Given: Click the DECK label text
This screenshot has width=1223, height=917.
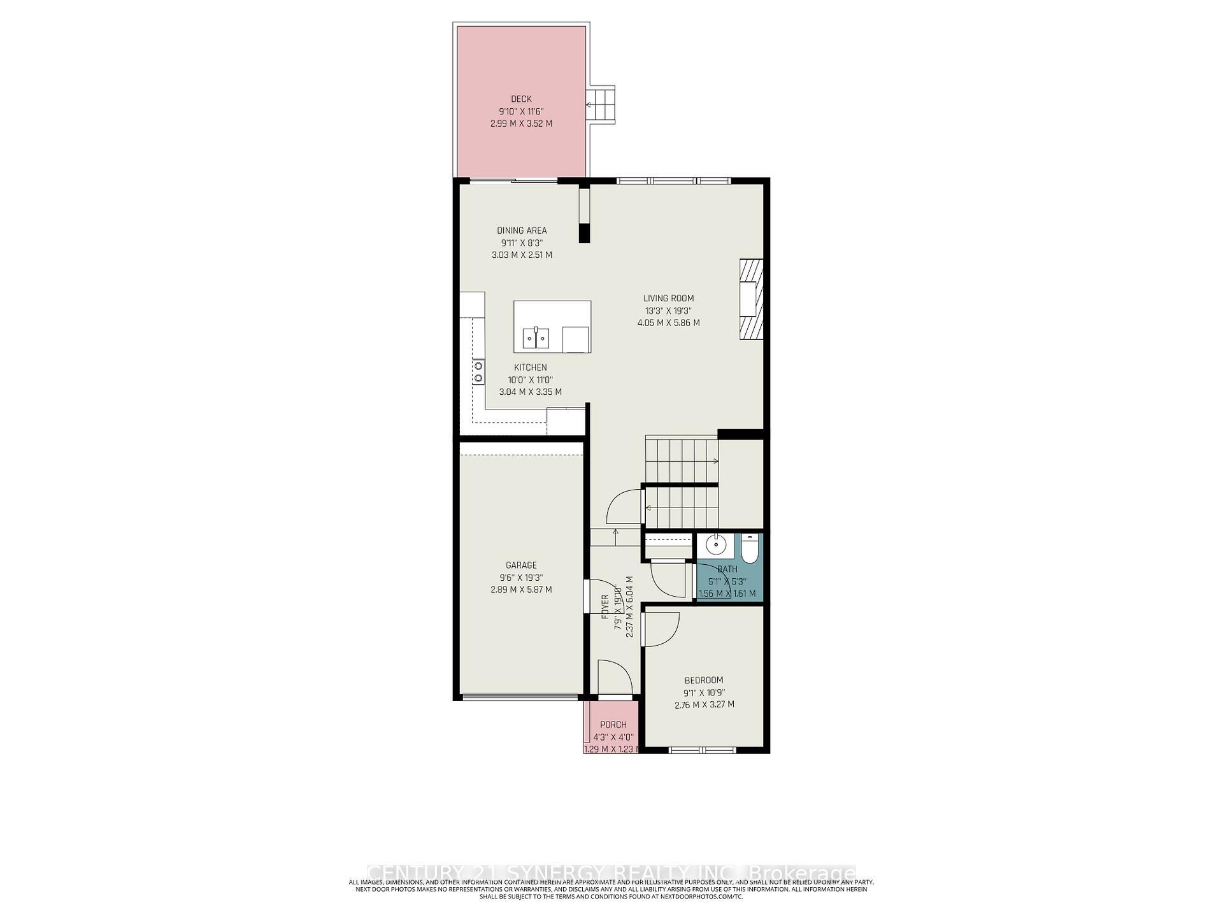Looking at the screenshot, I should [521, 99].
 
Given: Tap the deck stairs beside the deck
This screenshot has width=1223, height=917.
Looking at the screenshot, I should [601, 105].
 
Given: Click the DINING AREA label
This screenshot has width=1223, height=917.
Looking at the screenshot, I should [522, 231].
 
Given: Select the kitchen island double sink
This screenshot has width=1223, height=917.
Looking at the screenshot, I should [536, 338].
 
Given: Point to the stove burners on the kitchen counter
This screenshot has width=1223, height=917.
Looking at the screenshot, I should [478, 372].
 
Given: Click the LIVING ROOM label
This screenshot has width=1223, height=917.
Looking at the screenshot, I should [668, 298].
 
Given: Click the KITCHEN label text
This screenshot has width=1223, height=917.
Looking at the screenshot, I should [530, 367].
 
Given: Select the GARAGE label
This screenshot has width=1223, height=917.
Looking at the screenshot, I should [521, 565].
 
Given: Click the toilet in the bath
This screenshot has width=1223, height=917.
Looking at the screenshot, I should [749, 549].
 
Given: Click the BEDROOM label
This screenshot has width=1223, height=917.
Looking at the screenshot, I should [704, 680].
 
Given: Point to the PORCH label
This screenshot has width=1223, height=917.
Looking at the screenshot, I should [613, 725].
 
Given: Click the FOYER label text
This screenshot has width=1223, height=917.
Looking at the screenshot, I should [606, 607].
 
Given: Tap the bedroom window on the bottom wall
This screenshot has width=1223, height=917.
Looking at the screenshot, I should [703, 750].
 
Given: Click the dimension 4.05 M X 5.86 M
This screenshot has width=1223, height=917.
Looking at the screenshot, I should [668, 323].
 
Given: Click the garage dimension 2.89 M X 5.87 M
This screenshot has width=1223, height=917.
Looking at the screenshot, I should [521, 590].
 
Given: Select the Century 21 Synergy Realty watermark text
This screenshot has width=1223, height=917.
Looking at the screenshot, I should [611, 872].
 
